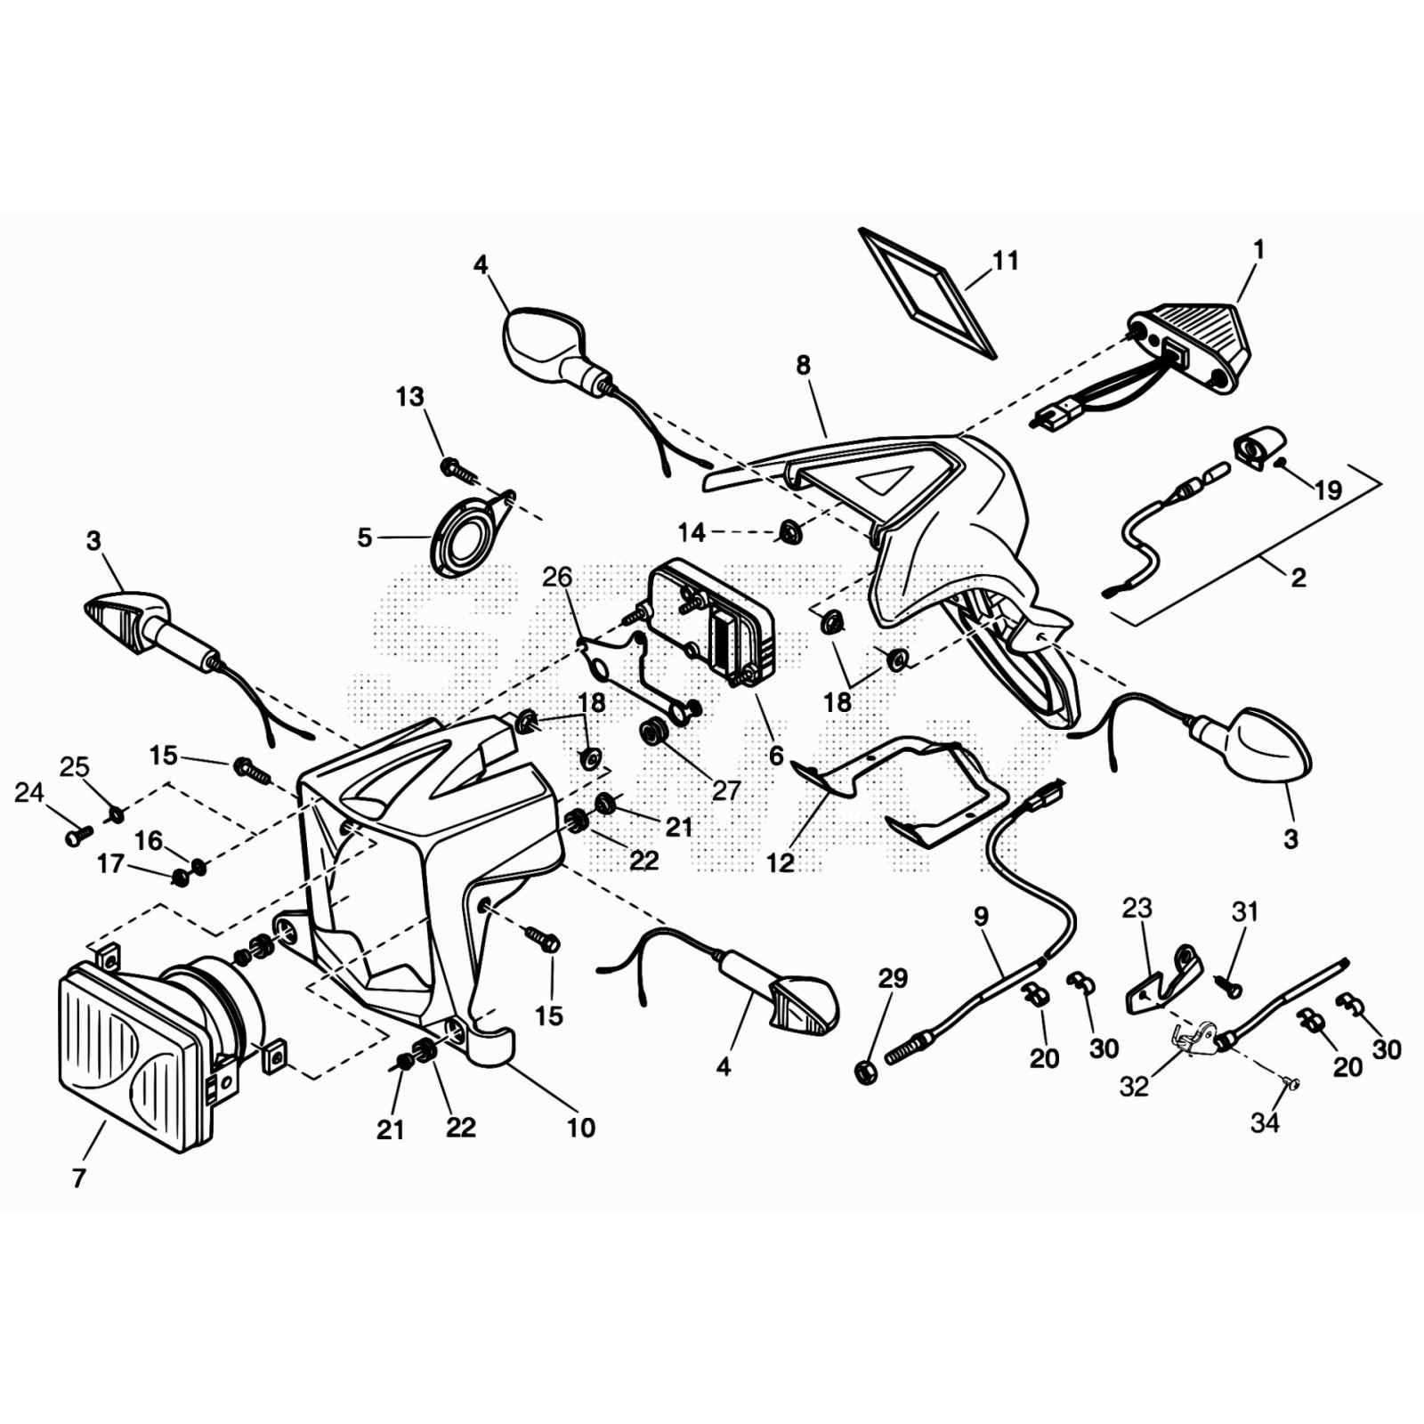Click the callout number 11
point(1005,261)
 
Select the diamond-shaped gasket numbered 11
point(926,292)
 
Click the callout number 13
point(409,397)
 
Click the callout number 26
point(557,577)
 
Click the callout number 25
point(75,766)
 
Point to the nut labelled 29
point(864,1072)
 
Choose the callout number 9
point(981,916)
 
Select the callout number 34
point(1265,1123)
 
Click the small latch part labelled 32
point(1194,1038)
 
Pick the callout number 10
point(581,1128)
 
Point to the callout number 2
point(1299,578)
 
